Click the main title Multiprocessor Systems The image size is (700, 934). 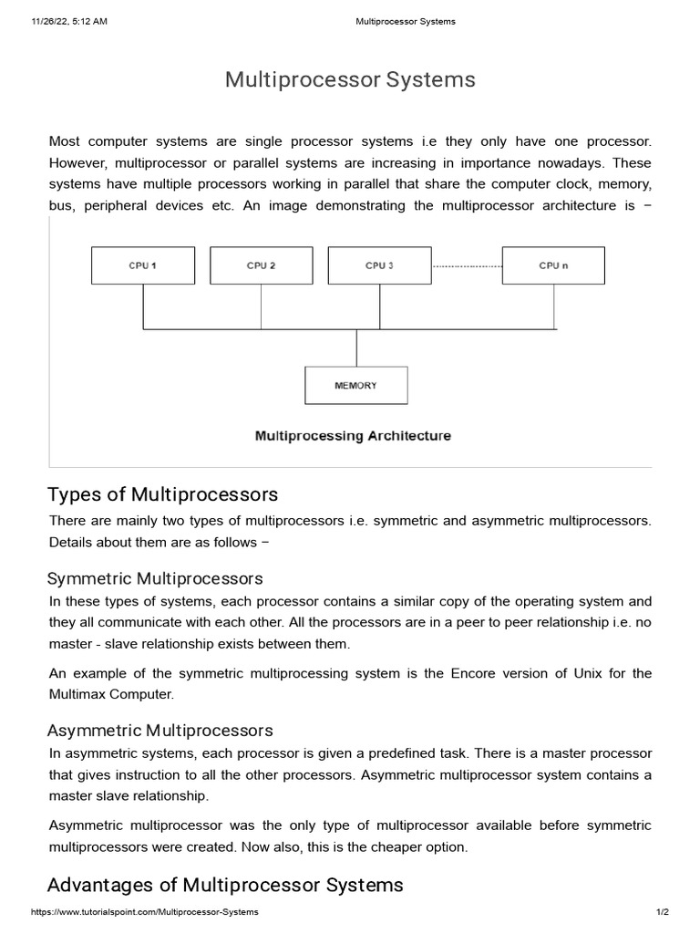(x=350, y=80)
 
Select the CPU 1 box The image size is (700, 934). (x=142, y=265)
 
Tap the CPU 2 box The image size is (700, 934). (x=261, y=265)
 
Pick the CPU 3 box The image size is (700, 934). (x=379, y=265)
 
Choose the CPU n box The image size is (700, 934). (x=553, y=265)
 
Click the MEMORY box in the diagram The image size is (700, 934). (x=355, y=386)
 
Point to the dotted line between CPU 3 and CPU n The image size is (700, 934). (x=466, y=266)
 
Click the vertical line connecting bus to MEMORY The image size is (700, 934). (x=356, y=348)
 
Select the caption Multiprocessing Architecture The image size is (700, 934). (x=353, y=436)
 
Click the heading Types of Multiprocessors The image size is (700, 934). (x=162, y=495)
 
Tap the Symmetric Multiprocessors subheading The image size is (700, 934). (x=155, y=578)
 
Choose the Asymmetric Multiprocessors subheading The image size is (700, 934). (x=160, y=731)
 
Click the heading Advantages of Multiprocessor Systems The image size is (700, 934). (x=224, y=885)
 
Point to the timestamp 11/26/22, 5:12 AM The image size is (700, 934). (x=69, y=22)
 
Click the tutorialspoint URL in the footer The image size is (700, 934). (x=145, y=912)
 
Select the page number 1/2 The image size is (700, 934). (x=663, y=912)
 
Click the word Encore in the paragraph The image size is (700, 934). (x=471, y=673)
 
